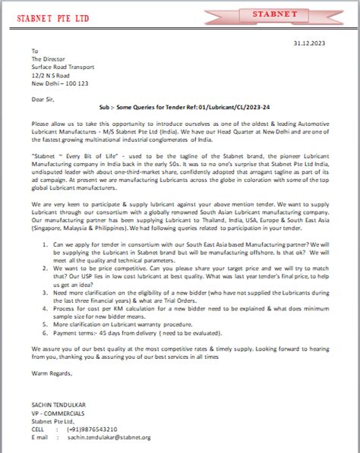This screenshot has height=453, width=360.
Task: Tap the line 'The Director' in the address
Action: point(49,58)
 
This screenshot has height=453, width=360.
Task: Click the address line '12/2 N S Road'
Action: point(50,74)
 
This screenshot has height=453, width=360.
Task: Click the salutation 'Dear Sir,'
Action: point(44,99)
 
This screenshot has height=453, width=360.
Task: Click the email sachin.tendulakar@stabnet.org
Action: point(108,438)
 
